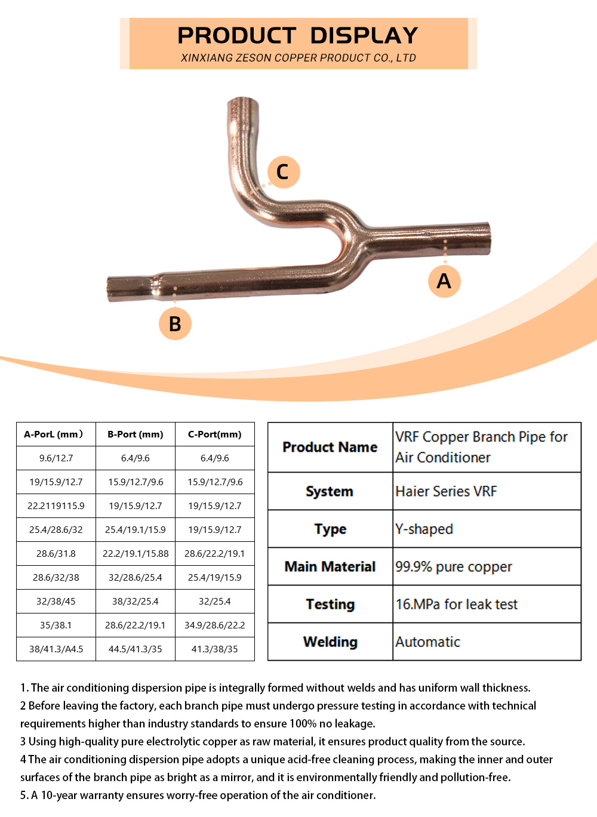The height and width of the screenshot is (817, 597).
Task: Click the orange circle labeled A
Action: [444, 281]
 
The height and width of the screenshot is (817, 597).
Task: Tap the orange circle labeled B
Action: [175, 323]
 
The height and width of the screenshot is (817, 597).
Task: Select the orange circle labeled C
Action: [284, 172]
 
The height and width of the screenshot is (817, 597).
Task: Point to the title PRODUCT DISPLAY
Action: [298, 35]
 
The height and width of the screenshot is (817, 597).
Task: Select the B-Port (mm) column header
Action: [136, 434]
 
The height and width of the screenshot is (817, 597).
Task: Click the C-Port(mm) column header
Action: [214, 434]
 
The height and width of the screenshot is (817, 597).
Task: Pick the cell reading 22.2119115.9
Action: [56, 505]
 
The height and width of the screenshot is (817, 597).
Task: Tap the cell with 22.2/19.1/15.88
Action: [136, 553]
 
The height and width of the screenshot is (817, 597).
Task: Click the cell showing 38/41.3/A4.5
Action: [56, 649]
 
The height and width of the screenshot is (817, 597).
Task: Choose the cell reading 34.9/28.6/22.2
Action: [214, 625]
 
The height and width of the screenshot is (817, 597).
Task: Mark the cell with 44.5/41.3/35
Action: [136, 649]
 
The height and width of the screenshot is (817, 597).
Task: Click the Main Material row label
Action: [330, 566]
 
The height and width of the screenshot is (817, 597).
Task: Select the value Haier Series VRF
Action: [446, 491]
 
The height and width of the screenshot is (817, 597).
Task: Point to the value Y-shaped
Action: [424, 529]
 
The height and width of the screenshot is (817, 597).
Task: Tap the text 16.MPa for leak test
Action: [457, 605]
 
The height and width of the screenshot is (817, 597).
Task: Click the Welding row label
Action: [330, 642]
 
